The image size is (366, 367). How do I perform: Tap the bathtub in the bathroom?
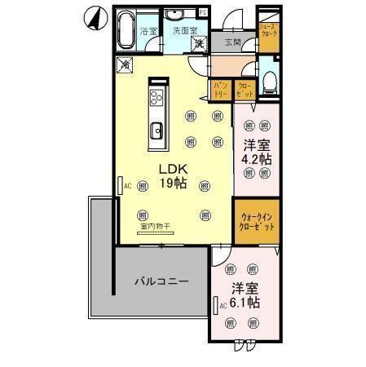tap(124, 31)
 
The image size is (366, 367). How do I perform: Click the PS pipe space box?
tap(202, 11)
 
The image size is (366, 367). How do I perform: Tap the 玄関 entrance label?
tap(232, 42)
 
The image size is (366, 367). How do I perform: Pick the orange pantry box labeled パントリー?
tap(221, 90)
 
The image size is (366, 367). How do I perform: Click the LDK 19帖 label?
tap(172, 176)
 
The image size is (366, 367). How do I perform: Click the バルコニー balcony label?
tap(161, 281)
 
